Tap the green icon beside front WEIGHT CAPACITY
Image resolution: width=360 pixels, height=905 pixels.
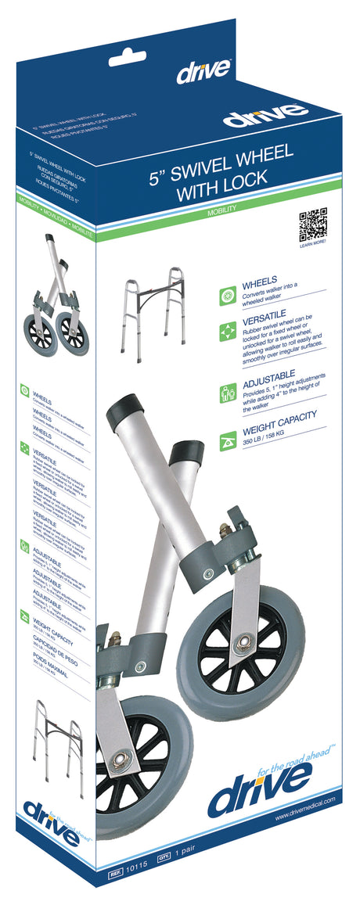pyautogui.click(x=229, y=440)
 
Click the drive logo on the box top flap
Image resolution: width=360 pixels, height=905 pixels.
pyautogui.click(x=203, y=72)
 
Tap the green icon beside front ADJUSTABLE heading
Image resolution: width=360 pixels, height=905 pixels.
pyautogui.click(x=229, y=392)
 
